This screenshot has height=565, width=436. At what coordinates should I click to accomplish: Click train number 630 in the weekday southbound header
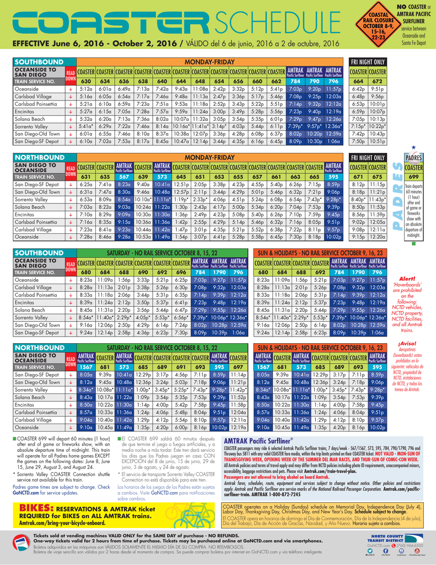86,81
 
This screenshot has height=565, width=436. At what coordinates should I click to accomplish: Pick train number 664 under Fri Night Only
358,81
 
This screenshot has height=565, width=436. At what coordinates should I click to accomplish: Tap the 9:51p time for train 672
378,88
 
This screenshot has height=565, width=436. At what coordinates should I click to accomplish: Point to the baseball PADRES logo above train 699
413,157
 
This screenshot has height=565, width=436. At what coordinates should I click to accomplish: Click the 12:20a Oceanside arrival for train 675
378,237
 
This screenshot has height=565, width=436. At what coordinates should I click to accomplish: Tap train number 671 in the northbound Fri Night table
358,177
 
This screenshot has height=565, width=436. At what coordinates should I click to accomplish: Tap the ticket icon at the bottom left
21,543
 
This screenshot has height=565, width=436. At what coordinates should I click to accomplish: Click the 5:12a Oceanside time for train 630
86,88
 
